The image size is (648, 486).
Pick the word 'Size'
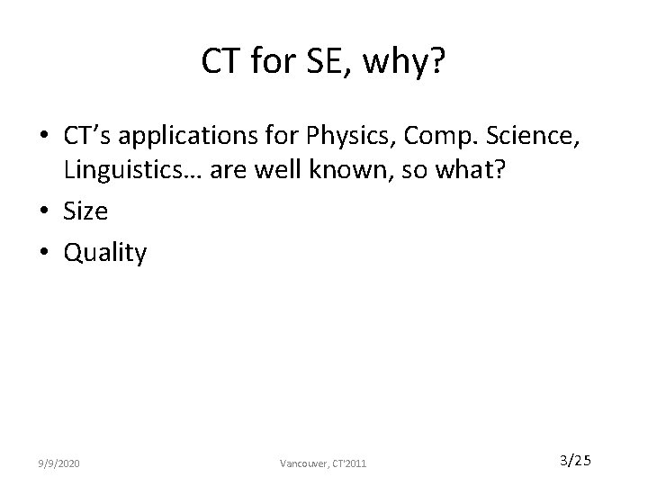(x=85, y=212)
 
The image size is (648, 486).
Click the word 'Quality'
(x=104, y=253)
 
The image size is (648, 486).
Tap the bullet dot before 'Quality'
(x=45, y=253)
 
